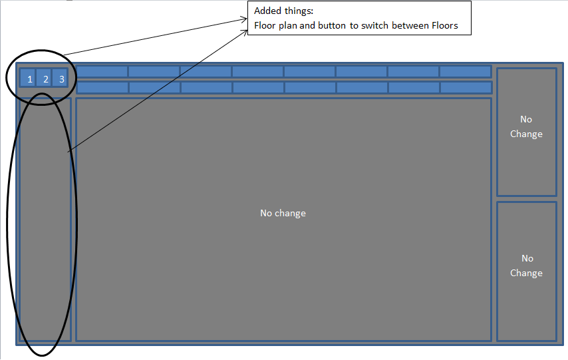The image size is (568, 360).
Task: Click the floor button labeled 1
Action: pos(30,79)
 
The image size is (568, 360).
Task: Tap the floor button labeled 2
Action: pos(46,79)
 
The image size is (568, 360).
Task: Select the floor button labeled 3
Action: pos(62,79)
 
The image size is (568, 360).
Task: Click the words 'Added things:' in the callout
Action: pos(283,11)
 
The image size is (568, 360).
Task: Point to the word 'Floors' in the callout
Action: pos(444,26)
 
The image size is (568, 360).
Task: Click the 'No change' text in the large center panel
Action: pos(283,213)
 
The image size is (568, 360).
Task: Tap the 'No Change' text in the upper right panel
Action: pos(526,126)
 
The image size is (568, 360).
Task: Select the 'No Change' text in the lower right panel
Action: pos(526,266)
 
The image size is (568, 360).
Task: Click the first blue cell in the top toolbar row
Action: pos(102,71)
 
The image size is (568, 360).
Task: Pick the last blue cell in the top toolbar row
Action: pos(465,71)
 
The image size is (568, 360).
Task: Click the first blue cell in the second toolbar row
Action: pos(102,87)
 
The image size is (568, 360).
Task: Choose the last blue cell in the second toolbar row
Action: pos(466,87)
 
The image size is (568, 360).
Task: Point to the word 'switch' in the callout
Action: pos(373,26)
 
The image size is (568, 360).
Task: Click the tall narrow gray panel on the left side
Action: pos(45,220)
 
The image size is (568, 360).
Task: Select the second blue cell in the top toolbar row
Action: pos(154,71)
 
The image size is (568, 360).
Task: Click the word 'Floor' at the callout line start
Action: pos(265,26)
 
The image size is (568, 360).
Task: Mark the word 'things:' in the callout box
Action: pos(297,11)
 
